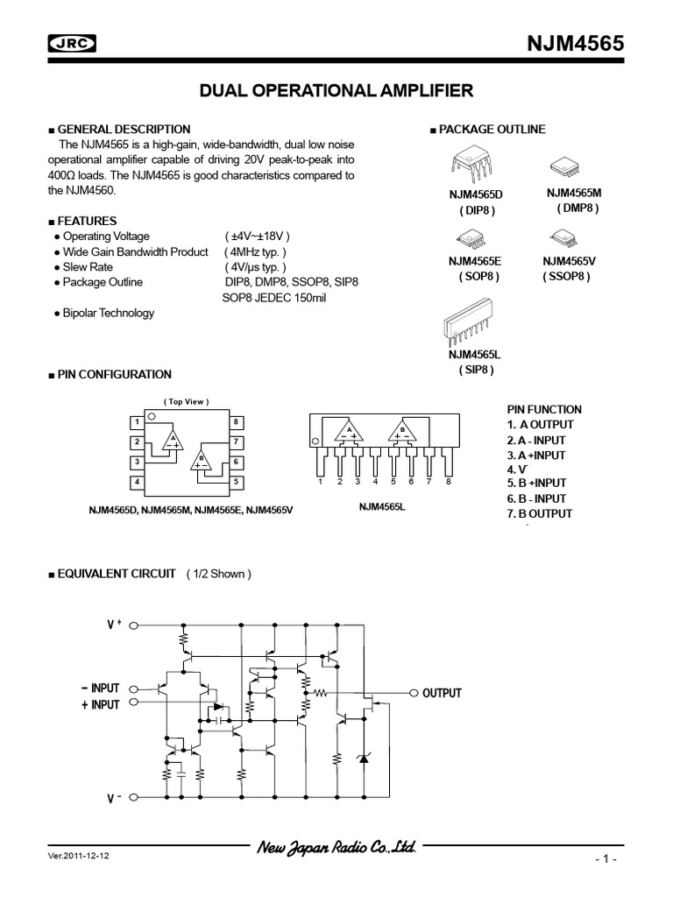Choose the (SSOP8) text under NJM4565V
pyautogui.click(x=565, y=276)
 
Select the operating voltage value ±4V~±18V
pyautogui.click(x=256, y=237)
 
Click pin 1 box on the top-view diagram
pyautogui.click(x=137, y=422)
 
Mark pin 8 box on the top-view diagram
pyautogui.click(x=237, y=422)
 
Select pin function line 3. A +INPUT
pyautogui.click(x=535, y=456)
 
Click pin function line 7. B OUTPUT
pyautogui.click(x=539, y=513)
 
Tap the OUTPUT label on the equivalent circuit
pyautogui.click(x=442, y=693)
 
